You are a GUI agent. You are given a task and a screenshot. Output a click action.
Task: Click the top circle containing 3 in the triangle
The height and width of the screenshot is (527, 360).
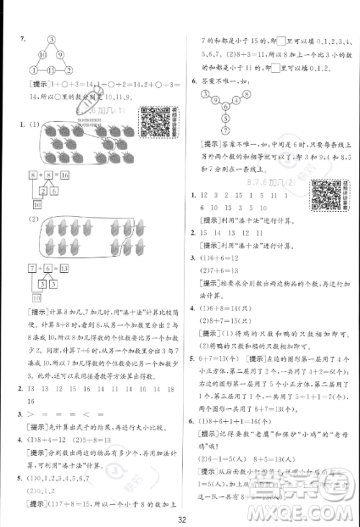[52, 40]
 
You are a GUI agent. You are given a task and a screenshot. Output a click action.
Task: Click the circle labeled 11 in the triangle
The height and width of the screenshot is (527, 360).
[53, 70]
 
